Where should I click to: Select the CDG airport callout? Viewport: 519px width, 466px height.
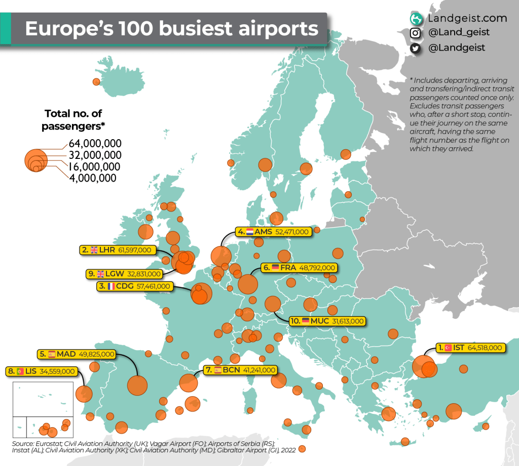134,286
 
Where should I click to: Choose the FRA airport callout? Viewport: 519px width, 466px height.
299,267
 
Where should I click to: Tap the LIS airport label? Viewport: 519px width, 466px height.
42,371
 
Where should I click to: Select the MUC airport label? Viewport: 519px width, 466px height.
327,321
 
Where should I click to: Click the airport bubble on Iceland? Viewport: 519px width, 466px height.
96,82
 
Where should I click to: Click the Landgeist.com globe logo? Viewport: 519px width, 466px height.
416,19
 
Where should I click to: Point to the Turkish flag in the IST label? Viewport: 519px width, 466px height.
448,348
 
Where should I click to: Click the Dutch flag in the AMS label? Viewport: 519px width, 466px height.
249,232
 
